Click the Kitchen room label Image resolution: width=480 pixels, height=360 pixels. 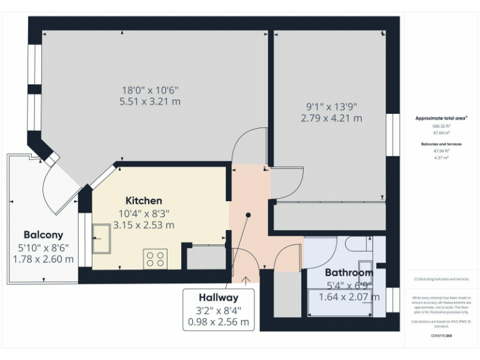pos(144,201)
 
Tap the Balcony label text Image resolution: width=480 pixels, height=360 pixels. pos(43,235)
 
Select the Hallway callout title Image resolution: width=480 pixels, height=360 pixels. pos(219,297)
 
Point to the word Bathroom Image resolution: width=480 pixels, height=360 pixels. pos(349,272)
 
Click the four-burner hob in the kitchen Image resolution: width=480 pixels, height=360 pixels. pos(155,258)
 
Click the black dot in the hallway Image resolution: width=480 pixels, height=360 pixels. pos(248,215)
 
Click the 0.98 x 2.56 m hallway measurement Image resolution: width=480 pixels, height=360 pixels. pos(219,322)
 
